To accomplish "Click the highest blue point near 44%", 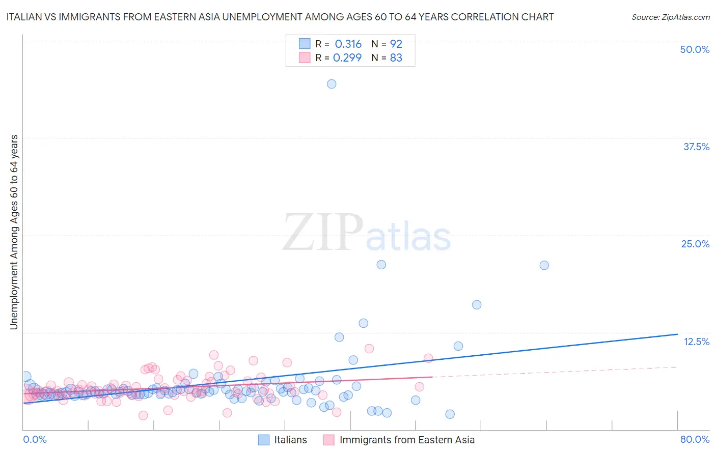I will tap(332, 84).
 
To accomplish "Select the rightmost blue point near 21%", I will tap(544, 265).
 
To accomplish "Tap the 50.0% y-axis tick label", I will tap(695, 49).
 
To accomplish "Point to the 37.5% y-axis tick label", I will tap(696, 147).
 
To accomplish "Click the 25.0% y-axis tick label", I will tap(695, 244).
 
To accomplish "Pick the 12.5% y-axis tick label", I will tap(696, 342).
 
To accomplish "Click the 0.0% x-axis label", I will tap(35, 439).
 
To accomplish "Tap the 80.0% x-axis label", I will tap(695, 439).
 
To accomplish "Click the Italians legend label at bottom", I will tap(290, 440).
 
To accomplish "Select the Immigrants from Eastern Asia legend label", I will tap(407, 440).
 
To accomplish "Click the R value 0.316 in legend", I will tap(348, 44).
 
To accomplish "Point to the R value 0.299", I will tap(347, 58).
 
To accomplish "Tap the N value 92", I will tap(396, 44).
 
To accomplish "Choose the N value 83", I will tap(396, 58).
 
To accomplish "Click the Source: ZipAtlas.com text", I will tap(670, 17).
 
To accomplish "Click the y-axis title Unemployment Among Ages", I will tap(14, 232).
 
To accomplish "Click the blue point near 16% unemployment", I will tap(477, 305).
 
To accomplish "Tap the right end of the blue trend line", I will tap(677, 334).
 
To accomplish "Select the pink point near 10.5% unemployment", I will tap(369, 349).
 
